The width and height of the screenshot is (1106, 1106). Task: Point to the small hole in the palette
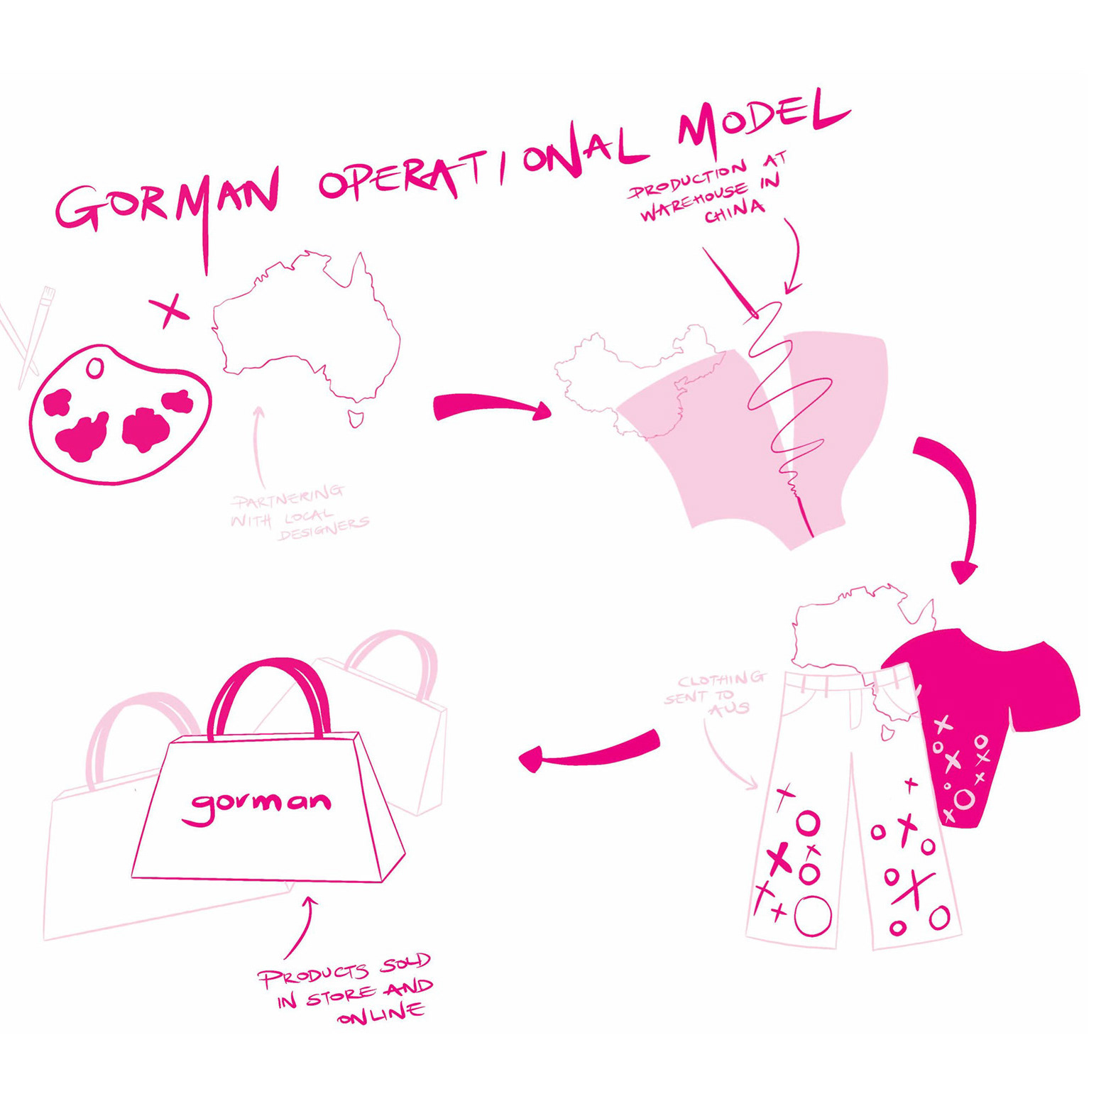tap(94, 368)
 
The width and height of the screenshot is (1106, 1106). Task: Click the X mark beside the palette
tap(169, 310)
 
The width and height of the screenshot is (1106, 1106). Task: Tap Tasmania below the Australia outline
tap(356, 418)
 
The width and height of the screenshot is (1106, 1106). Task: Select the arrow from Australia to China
tap(490, 407)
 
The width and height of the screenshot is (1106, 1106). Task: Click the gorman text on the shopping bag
tap(259, 805)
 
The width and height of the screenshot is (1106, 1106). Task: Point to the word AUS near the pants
tap(729, 709)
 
